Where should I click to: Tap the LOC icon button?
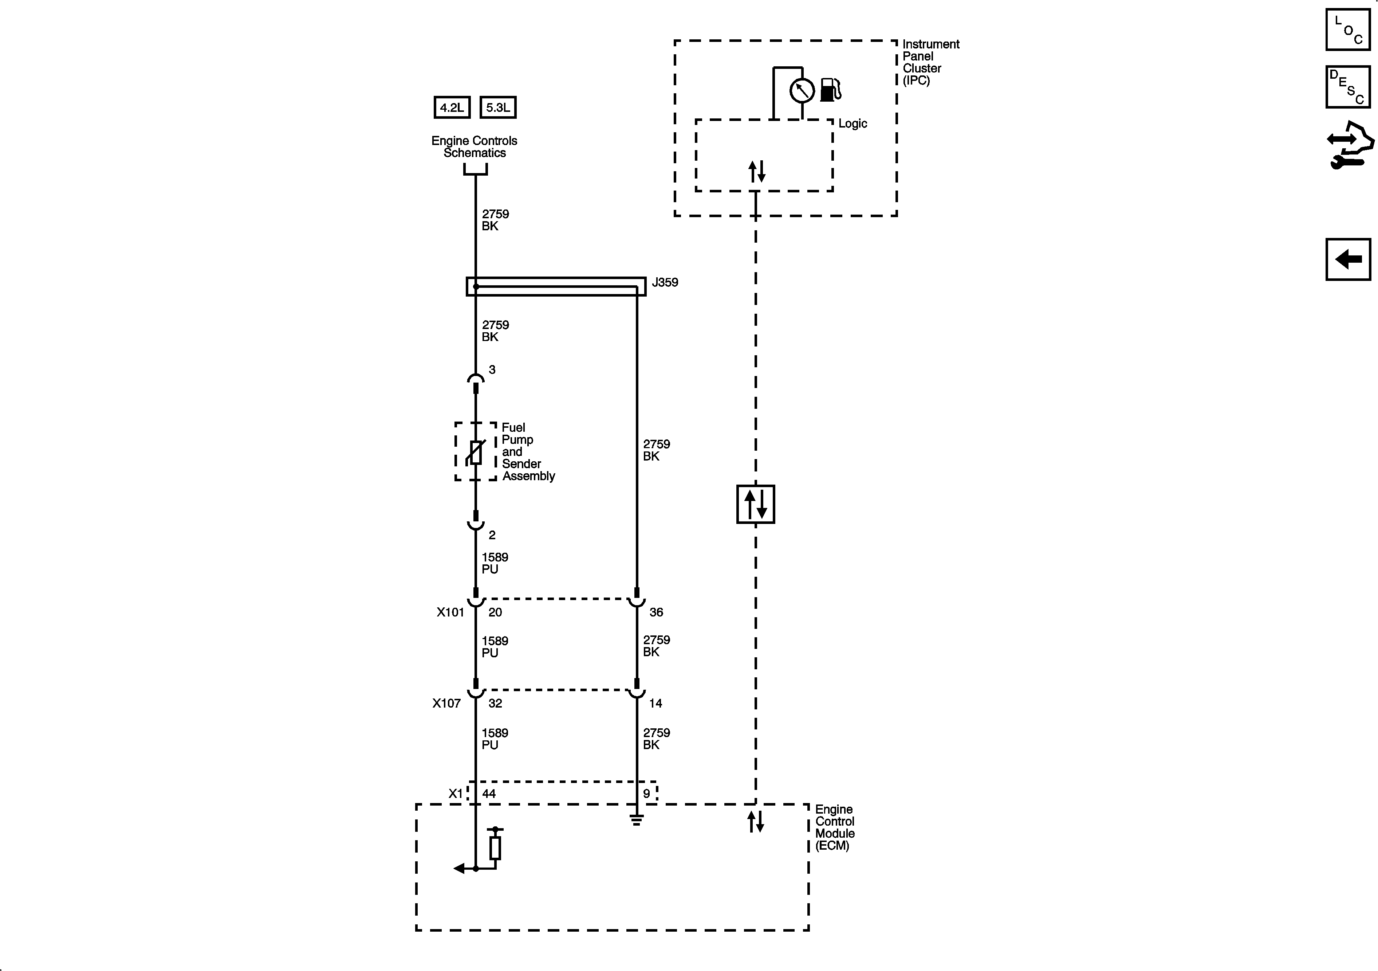coord(1348,30)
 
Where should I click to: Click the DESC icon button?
coord(1348,87)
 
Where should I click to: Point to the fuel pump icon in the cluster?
coord(830,90)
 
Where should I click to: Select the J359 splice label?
coord(665,282)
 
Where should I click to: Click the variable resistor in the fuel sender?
coord(476,452)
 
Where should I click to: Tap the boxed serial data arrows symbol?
coord(756,504)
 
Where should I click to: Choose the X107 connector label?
coord(446,703)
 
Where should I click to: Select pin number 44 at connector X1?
coord(489,794)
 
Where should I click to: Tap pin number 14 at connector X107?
coord(655,703)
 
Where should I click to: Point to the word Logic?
coord(852,124)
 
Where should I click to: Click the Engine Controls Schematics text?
coord(474,146)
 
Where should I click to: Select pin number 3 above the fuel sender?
coord(492,370)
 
